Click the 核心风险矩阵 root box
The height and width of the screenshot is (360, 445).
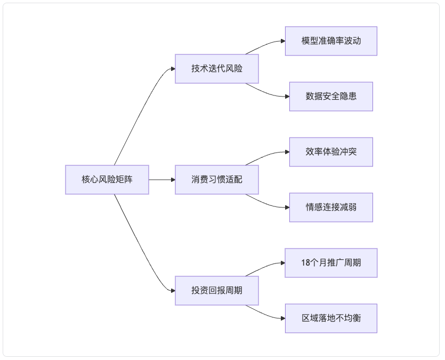coord(107,180)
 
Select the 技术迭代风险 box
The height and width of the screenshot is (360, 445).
coord(217,69)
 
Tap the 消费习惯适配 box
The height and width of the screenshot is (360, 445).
coord(217,180)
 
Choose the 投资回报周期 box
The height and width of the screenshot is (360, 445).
coord(217,291)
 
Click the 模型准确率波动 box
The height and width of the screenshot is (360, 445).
coord(331,41)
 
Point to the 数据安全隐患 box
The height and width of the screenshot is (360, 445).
coord(331,97)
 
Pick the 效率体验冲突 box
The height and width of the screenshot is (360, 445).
coord(331,152)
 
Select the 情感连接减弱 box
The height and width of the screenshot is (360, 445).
coord(331,207)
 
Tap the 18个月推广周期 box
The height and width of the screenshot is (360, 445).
coord(331,263)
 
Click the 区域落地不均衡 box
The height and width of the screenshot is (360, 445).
coord(331,318)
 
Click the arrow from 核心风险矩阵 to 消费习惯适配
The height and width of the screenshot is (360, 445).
coord(162,180)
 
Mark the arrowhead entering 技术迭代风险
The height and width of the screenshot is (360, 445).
coord(173,69)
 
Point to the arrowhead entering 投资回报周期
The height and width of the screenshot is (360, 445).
coord(173,291)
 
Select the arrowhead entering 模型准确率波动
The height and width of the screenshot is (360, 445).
coord(283,41)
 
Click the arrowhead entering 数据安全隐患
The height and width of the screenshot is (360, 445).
coord(287,97)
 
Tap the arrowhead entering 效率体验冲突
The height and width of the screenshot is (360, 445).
coord(287,152)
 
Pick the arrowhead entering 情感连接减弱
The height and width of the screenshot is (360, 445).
coord(287,207)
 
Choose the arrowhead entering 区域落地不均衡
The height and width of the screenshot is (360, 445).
coord(283,318)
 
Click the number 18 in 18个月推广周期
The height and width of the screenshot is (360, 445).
coord(305,263)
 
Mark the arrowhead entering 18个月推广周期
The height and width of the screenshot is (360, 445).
coord(283,263)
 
